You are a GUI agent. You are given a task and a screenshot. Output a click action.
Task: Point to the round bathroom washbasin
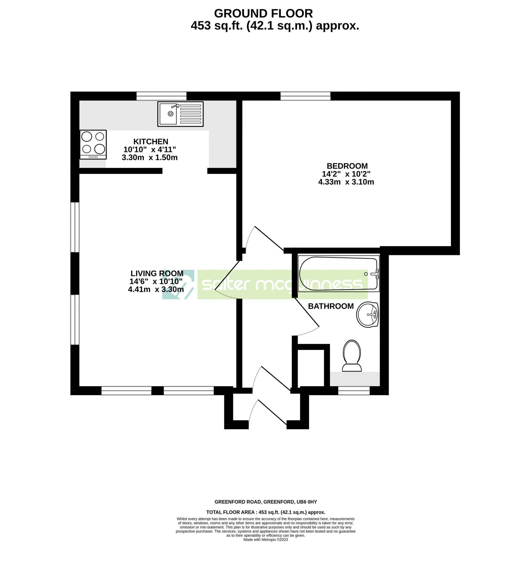pos(367,315)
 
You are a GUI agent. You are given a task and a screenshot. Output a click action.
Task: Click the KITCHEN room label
pos(151,141)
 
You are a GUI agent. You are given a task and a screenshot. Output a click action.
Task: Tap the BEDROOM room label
pos(347,166)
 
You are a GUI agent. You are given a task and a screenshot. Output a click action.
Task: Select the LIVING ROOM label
pos(157,273)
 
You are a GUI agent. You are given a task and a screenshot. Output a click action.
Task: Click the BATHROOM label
pos(331,306)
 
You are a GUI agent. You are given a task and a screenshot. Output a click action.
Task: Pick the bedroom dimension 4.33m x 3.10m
pos(346,182)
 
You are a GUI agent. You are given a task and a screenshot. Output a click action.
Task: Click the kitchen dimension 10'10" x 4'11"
pos(149,149)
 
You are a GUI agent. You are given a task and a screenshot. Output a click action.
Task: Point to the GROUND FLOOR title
pos(263,14)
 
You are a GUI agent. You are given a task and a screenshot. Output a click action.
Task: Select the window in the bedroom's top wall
pos(305,96)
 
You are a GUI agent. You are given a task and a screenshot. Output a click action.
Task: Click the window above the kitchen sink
pos(161,96)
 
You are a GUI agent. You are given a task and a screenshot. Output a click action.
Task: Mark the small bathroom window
pos(354,391)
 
